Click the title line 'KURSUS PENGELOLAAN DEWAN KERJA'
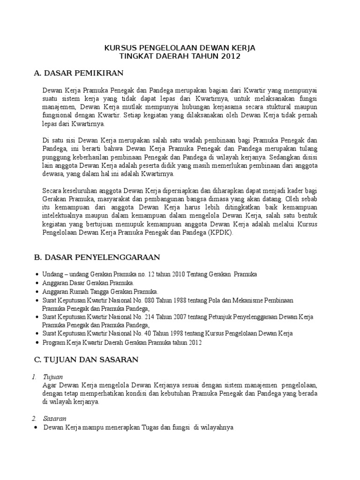(180, 48)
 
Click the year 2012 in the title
(231, 56)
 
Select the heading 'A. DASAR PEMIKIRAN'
(78, 73)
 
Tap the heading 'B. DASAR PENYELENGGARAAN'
(97, 257)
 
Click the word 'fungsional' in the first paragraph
(57, 115)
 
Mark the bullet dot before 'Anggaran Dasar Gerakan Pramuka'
(37, 284)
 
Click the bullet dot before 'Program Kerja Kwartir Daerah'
(37, 343)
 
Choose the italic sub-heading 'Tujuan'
(52, 377)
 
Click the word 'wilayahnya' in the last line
(217, 427)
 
